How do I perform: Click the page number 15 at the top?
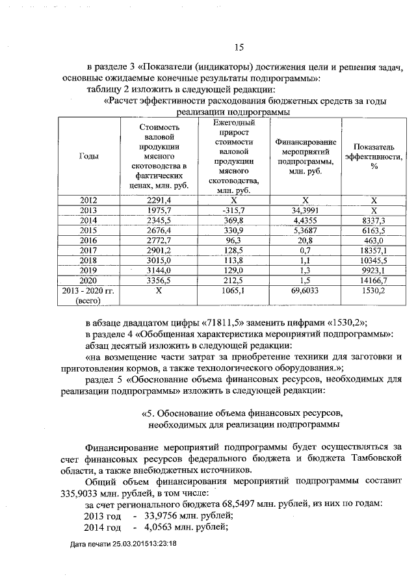[238, 47]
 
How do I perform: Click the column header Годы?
[88, 157]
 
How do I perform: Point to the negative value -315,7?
[233, 211]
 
